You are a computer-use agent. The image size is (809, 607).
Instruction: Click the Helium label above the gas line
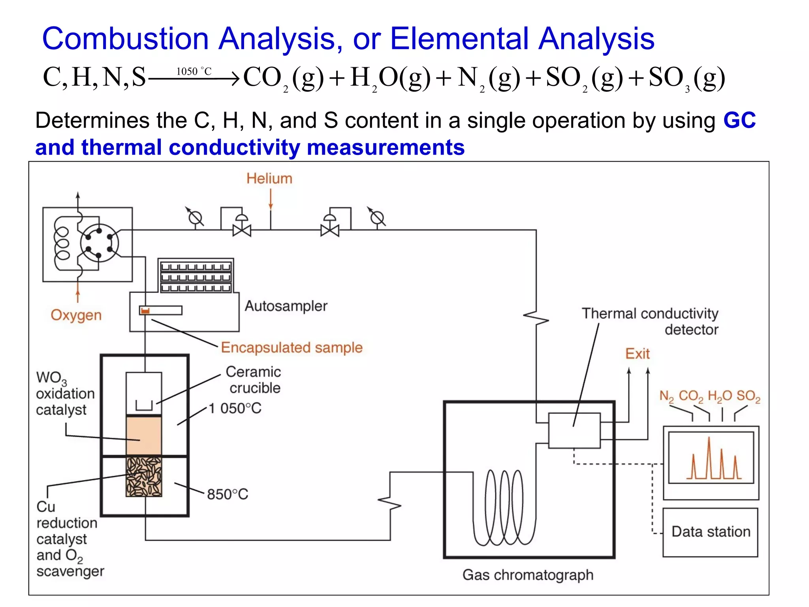(x=269, y=179)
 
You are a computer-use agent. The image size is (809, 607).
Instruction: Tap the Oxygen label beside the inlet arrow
(x=76, y=315)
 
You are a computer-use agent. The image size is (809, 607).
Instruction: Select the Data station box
(x=710, y=532)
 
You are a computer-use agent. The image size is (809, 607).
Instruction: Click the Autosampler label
(x=286, y=306)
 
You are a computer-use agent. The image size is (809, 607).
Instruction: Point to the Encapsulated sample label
(x=292, y=347)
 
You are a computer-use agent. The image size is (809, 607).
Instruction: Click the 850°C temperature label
(x=228, y=494)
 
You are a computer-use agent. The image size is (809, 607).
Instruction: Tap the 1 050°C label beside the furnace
(x=235, y=408)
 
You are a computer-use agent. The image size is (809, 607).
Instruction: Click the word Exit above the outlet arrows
(x=637, y=354)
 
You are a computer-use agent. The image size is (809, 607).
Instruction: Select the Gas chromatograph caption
(x=528, y=575)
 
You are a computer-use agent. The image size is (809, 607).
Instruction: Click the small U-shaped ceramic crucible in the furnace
(x=144, y=405)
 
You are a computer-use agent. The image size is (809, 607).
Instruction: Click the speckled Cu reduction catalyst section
(x=144, y=477)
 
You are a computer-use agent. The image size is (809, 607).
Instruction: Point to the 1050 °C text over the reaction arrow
(x=194, y=72)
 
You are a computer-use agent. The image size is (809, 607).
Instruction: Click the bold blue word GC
(x=739, y=120)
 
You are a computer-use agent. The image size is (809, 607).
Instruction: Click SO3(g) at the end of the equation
(x=687, y=78)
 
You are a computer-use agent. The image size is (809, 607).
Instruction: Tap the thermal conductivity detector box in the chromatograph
(x=574, y=430)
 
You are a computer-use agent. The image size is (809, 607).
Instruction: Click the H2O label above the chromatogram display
(x=720, y=396)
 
